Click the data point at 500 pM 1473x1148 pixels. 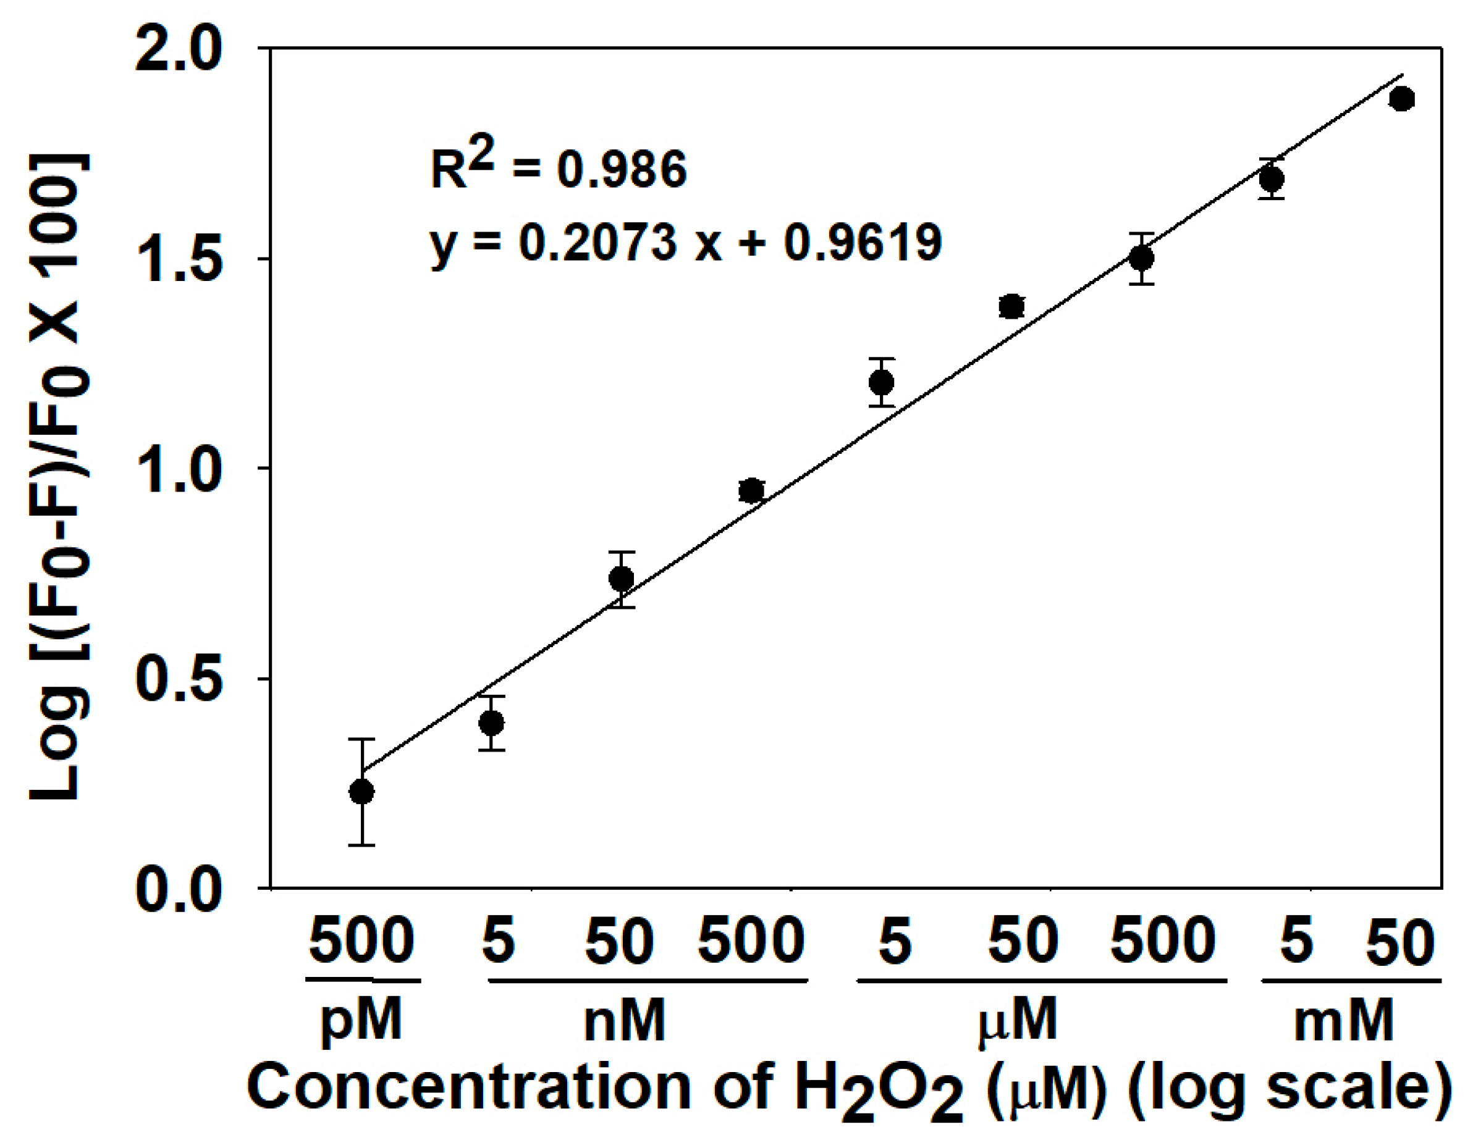(x=361, y=792)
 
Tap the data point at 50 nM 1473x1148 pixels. (x=621, y=579)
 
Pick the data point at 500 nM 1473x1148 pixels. (x=751, y=491)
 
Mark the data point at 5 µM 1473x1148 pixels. (x=882, y=383)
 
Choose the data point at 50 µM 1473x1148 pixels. (x=1011, y=307)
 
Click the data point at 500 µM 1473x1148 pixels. (x=1141, y=258)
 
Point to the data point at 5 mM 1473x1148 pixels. (x=1272, y=179)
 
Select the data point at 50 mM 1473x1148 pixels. (x=1401, y=99)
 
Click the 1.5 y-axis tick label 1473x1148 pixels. (x=178, y=259)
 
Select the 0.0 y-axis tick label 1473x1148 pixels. (x=178, y=890)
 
